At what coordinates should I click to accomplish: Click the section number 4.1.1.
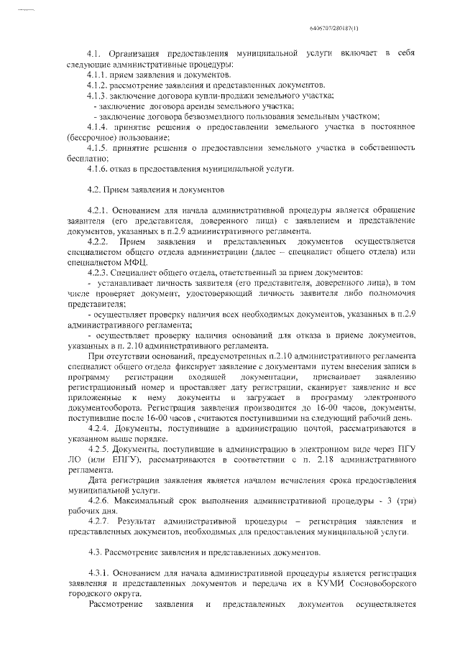click(97, 75)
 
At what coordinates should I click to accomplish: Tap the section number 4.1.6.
click(97, 168)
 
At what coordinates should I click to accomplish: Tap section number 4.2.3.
click(97, 273)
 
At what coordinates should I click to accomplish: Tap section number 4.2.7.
click(97, 521)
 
